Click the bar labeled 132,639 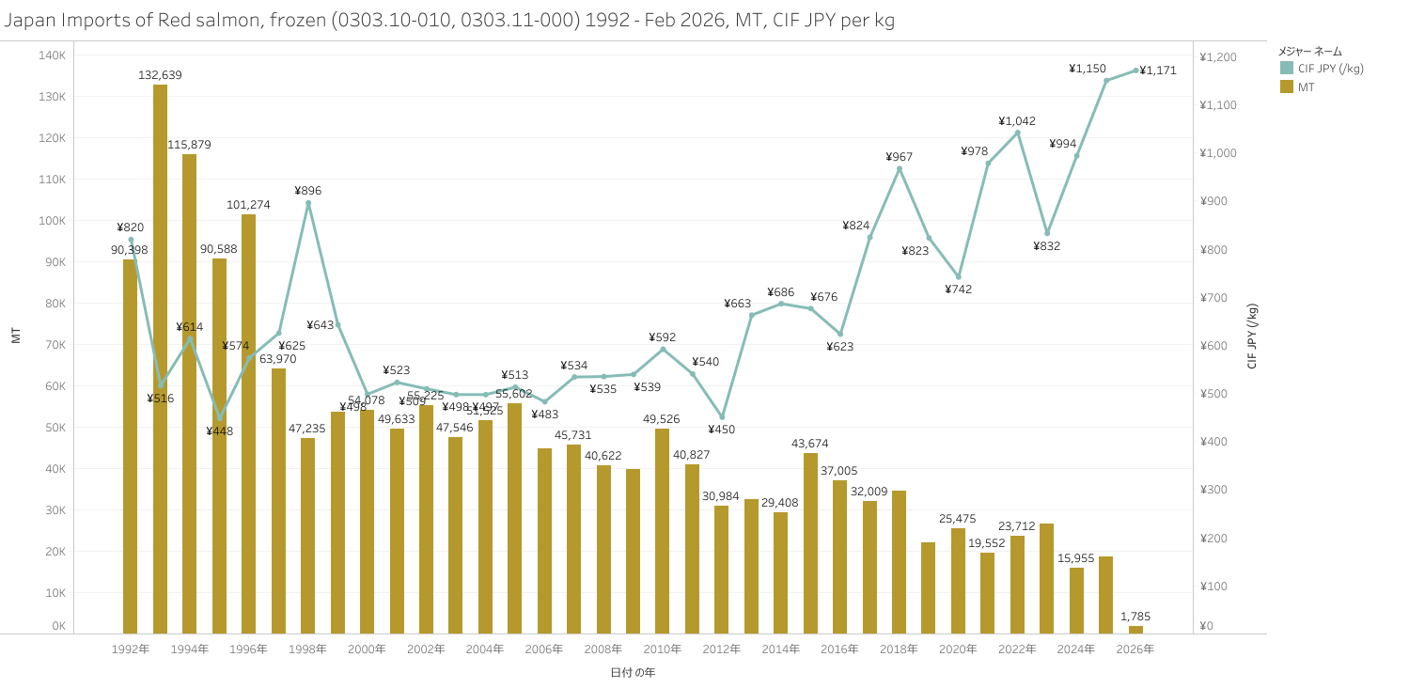(160, 357)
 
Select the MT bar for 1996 (248, 423)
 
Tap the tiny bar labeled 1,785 (1135, 630)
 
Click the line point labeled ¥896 (308, 203)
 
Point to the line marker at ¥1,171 (1135, 70)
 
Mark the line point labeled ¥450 (722, 416)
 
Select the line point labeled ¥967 (900, 169)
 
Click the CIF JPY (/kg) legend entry (1330, 69)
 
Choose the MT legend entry (1306, 86)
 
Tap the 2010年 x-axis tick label (663, 649)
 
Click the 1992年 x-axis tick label (130, 649)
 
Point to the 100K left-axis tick (52, 221)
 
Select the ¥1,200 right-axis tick (1217, 57)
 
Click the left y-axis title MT (16, 336)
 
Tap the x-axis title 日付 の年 (633, 673)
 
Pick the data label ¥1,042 (1017, 121)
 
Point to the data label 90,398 (130, 250)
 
